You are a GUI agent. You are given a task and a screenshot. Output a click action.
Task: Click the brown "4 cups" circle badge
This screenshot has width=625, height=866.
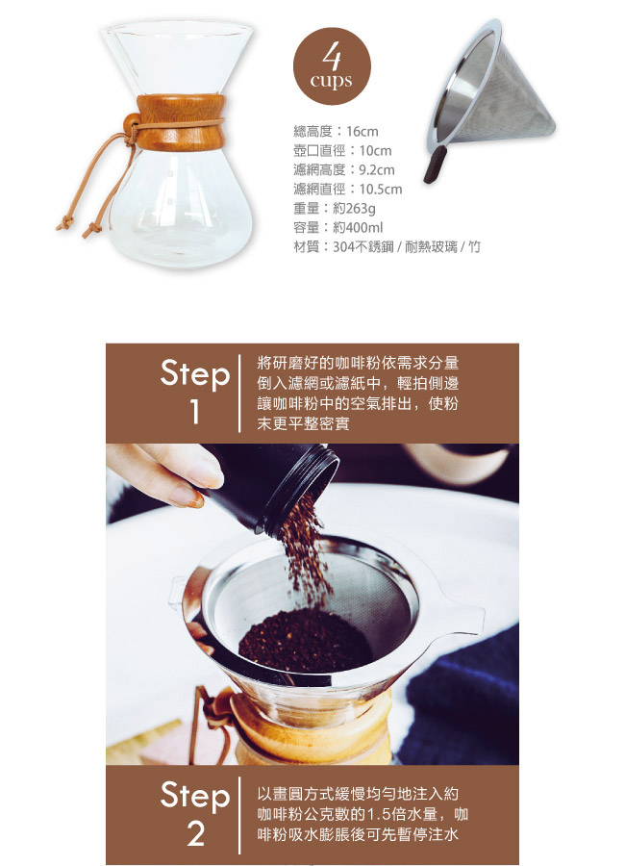[332, 66]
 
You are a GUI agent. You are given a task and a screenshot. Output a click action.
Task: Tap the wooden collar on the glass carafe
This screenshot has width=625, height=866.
[181, 122]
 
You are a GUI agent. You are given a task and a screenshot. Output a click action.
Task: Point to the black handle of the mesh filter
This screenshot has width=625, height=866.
[434, 165]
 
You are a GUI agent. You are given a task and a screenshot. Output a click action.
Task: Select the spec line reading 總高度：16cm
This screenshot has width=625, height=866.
[336, 132]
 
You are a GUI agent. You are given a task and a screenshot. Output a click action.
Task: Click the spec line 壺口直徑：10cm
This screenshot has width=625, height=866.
[342, 151]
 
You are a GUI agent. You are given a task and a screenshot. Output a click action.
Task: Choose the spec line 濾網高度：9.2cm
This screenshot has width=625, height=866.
[344, 169]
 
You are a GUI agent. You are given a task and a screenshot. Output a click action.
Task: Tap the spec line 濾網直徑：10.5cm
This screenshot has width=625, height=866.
[348, 189]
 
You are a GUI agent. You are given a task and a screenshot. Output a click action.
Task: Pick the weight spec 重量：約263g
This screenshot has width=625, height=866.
[335, 208]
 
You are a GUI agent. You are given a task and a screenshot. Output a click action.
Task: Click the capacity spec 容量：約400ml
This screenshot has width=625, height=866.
[337, 227]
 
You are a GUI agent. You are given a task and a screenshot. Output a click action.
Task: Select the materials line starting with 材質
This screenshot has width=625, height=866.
[387, 247]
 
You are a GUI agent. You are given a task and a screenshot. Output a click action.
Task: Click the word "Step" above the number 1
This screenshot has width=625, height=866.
[195, 374]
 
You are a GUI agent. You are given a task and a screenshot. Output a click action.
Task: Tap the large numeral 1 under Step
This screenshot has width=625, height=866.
[194, 412]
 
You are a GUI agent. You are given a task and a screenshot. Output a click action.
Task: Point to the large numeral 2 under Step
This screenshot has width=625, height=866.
[195, 833]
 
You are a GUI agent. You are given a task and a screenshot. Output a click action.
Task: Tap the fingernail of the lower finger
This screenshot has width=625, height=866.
[187, 497]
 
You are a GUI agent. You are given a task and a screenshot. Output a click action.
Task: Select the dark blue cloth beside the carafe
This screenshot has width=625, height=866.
[463, 701]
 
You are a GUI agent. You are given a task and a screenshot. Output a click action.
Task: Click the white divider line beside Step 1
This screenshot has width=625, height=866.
[239, 394]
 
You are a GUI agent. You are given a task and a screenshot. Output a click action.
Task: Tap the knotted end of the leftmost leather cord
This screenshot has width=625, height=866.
[64, 222]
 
